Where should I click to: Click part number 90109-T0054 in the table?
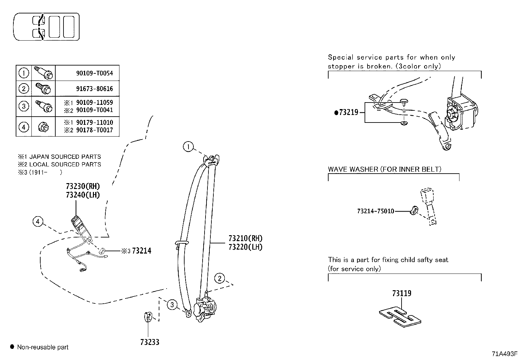[94, 73]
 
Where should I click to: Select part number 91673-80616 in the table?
[94, 89]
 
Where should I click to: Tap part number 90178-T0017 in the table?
[94, 130]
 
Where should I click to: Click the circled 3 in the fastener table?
[24, 106]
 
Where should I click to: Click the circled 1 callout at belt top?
[188, 147]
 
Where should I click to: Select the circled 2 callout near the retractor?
[220, 279]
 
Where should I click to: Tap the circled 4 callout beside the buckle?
[38, 222]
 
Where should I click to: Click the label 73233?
[150, 342]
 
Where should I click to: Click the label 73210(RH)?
[245, 238]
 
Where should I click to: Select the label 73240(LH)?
[82, 195]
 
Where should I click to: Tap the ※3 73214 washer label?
[137, 251]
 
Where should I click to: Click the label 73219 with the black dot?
[347, 112]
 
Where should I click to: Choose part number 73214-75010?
[375, 211]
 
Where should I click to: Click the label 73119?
[402, 293]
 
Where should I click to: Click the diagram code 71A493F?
[504, 354]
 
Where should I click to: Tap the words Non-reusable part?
[43, 347]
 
